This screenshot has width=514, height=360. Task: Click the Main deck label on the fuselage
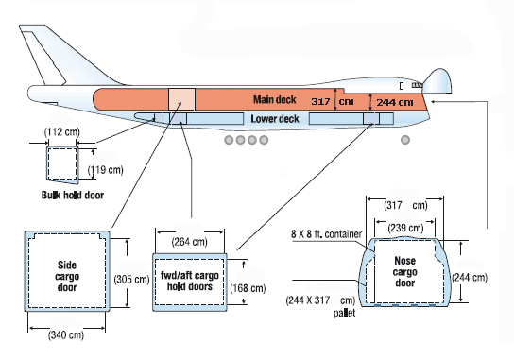coord(274,99)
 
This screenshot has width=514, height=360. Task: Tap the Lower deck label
coord(275,119)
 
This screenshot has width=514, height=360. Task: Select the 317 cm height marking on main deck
coord(332,101)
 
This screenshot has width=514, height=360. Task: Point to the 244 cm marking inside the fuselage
coord(395,102)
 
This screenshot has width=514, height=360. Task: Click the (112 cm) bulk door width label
coord(62,132)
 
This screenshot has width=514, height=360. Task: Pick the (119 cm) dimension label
coord(106,170)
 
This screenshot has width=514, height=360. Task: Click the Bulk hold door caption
coord(73,195)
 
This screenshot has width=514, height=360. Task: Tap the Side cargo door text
coord(67,276)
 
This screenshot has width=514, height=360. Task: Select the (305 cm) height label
coord(131,280)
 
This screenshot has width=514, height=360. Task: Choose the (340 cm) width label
coord(66,335)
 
